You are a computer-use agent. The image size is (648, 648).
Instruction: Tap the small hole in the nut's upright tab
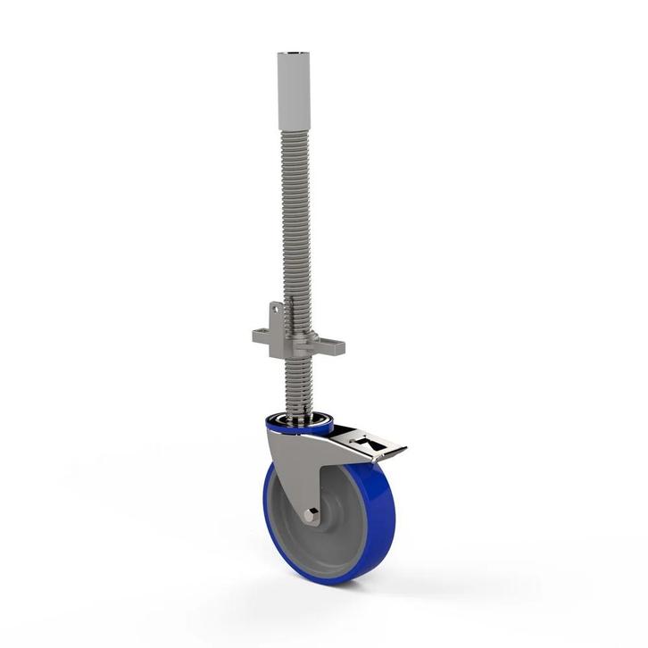277,311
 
